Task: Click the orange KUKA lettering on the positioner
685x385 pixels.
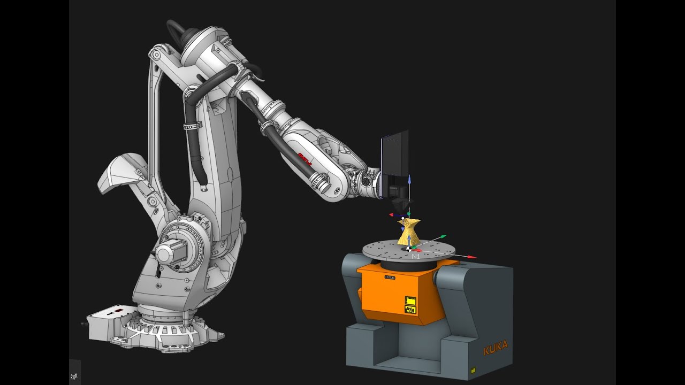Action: click(x=495, y=348)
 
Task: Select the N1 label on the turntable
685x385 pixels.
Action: click(x=416, y=257)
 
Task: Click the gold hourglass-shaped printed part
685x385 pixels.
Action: click(x=409, y=232)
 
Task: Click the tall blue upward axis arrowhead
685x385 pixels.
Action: click(x=409, y=178)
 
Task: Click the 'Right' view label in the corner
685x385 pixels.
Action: click(x=74, y=376)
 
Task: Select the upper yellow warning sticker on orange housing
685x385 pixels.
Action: click(x=410, y=300)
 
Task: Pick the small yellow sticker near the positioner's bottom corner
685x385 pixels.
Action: click(x=473, y=369)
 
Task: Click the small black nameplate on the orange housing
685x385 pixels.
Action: click(x=389, y=278)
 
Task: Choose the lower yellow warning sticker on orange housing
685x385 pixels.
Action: click(x=410, y=309)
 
